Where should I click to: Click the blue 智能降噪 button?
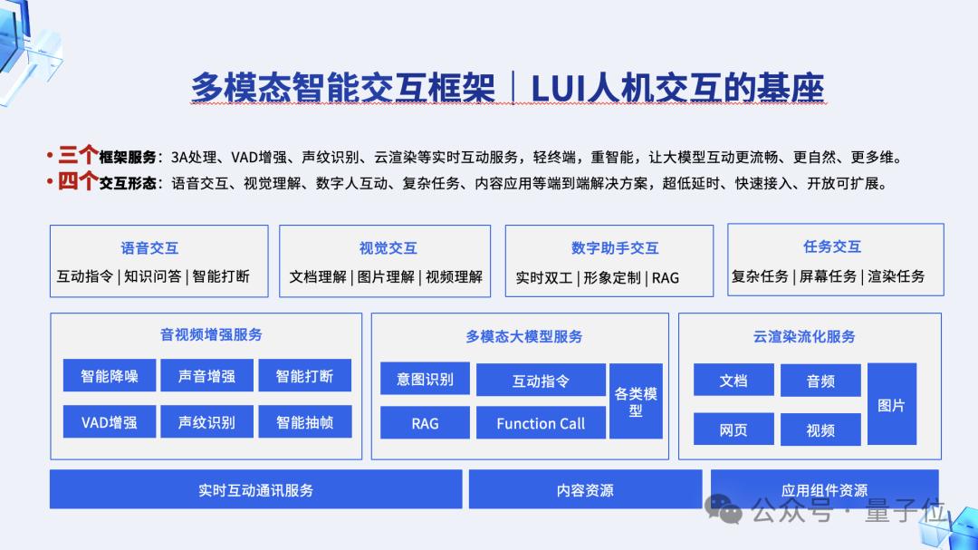coord(110,376)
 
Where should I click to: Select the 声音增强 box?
coord(206,376)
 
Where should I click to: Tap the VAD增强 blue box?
coord(110,422)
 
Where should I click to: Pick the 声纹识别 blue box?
coord(206,422)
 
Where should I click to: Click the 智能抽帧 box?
coord(305,422)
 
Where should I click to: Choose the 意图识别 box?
coord(425,379)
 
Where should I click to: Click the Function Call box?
coord(541,423)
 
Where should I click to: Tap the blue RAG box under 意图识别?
coord(425,423)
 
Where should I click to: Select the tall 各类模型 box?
coord(636,401)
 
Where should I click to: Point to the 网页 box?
coord(733,429)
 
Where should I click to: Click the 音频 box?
coord(820,381)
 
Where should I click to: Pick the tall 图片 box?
coord(891,404)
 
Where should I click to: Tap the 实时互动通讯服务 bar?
coord(255,490)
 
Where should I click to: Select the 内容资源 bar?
coord(585,490)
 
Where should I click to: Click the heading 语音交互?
coord(149,248)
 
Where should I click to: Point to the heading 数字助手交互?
coord(615,248)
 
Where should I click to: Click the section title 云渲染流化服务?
coord(804,336)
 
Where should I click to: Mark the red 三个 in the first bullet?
coord(78,155)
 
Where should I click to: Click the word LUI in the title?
coord(558,88)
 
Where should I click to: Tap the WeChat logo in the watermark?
coord(724,509)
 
